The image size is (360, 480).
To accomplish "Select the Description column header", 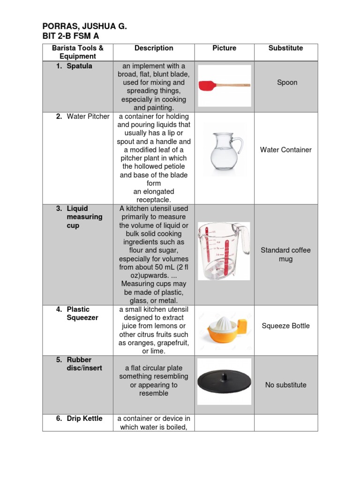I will [154, 48].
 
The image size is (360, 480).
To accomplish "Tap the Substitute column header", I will [285, 48].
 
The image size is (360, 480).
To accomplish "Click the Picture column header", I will [224, 48].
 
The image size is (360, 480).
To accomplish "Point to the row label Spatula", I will [79, 66].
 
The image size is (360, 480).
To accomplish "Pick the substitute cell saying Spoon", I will [287, 82].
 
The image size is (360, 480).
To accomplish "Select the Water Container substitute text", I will [286, 150].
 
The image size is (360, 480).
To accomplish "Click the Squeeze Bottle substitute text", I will [286, 326].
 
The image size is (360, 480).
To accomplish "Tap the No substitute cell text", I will [286, 385].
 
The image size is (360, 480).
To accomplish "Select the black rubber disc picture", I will [224, 381].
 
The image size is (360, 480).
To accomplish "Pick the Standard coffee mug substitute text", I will [286, 255].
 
